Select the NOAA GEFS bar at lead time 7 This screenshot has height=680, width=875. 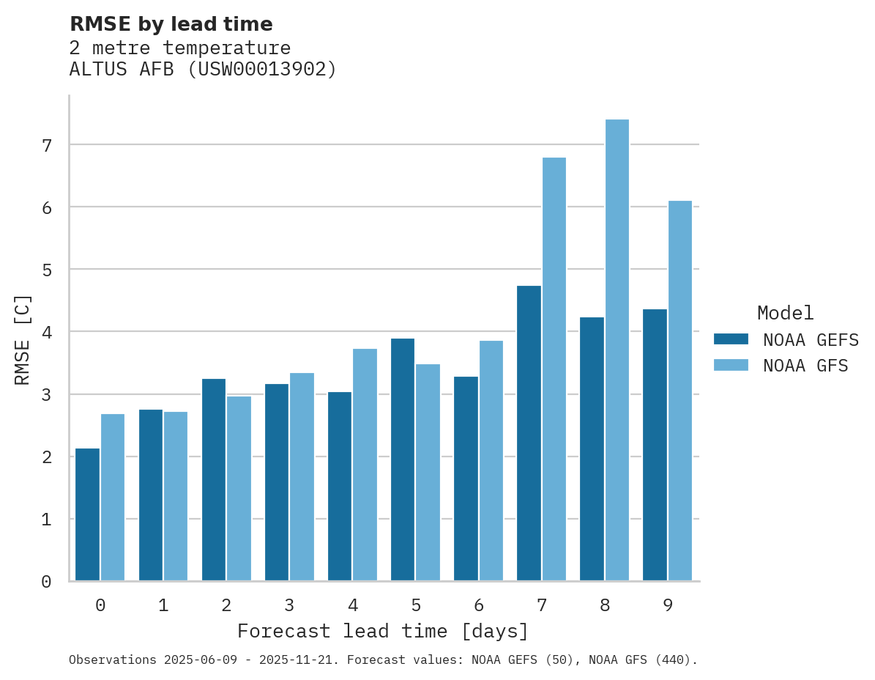(529, 433)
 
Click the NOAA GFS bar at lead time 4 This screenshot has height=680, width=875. (365, 465)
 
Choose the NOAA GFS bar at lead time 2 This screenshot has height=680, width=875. (239, 488)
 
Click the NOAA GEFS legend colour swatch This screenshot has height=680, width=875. (731, 339)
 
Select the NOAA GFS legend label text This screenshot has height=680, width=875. (805, 366)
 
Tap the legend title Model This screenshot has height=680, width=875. (785, 313)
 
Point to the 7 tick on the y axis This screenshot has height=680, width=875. (47, 145)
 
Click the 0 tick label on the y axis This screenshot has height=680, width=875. (47, 582)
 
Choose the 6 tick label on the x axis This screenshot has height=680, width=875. (479, 605)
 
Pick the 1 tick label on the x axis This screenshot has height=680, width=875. (163, 605)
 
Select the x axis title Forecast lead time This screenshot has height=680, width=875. (382, 631)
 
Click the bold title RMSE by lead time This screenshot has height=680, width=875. (171, 24)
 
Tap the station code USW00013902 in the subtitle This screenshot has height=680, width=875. (261, 70)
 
